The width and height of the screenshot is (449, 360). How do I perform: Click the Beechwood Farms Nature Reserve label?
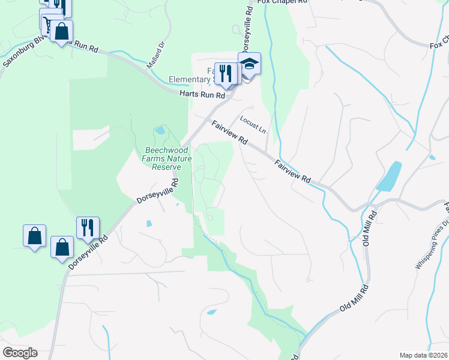[158, 158]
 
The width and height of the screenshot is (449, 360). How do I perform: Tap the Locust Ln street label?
[253, 124]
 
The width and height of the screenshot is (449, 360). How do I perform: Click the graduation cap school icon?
[249, 64]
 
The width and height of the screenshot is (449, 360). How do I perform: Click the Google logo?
[20, 353]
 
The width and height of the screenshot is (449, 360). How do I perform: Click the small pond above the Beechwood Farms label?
[160, 130]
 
